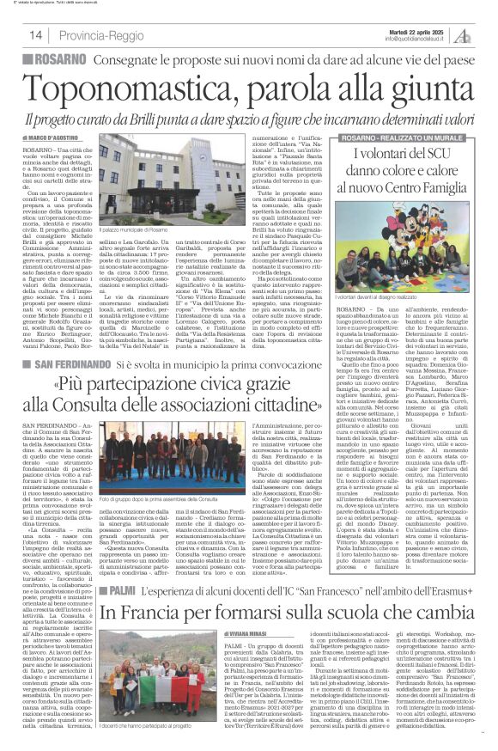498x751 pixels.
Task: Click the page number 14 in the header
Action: [x=36, y=34]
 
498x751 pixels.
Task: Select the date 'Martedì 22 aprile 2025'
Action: [x=386, y=29]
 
